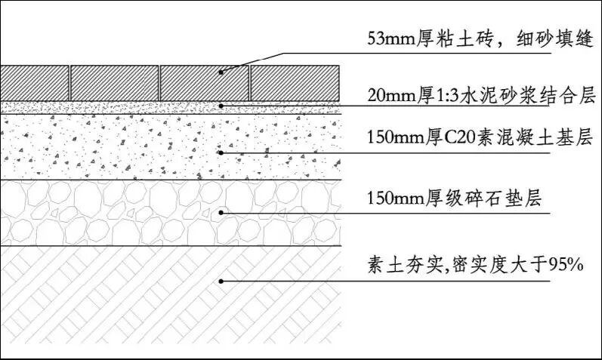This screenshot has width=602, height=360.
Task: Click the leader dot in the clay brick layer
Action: [221, 73]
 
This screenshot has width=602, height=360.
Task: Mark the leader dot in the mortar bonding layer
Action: [221, 106]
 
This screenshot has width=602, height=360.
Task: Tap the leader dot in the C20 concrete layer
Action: [221, 152]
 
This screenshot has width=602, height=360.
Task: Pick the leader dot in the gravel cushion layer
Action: [221, 213]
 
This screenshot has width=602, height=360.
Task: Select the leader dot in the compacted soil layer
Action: [221, 281]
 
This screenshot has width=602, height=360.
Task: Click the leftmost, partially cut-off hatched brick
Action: [34, 82]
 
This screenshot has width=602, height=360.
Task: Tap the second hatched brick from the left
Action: [113, 82]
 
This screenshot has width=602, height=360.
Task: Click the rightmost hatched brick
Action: [294, 82]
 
